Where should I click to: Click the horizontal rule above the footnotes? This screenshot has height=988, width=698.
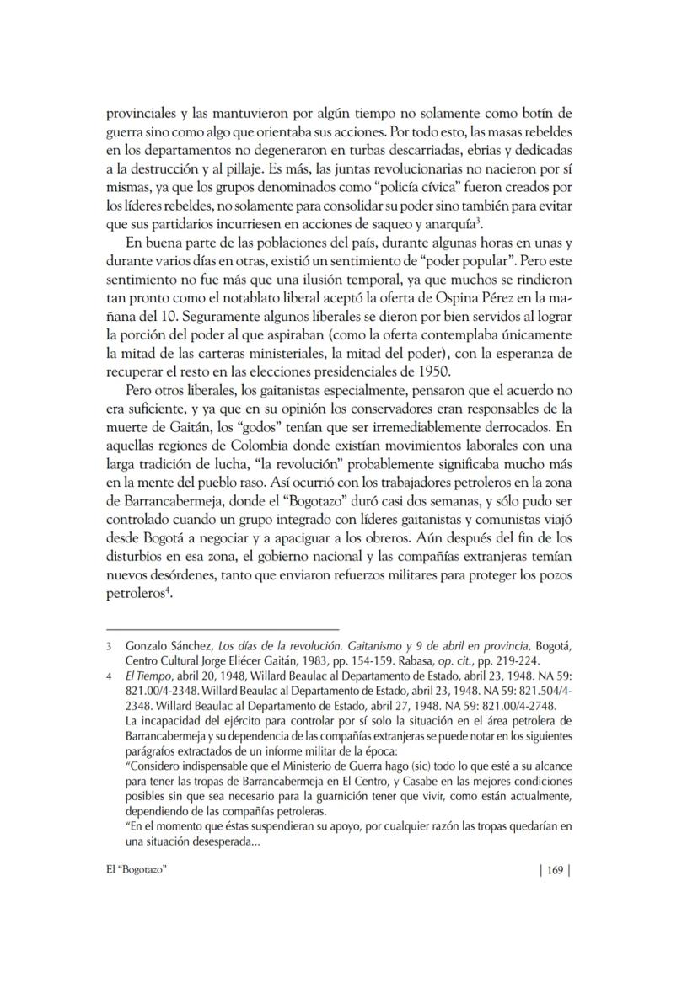223,629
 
